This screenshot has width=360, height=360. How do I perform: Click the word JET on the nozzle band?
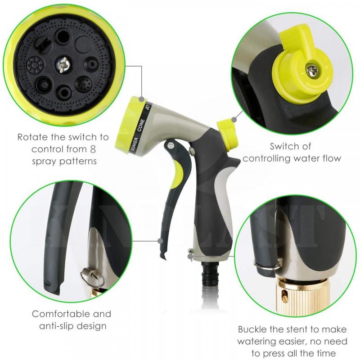click(148, 107)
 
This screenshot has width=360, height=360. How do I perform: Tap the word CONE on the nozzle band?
click(141, 125)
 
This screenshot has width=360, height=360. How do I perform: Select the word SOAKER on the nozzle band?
click(135, 144)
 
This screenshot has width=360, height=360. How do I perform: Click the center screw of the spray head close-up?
click(63, 65)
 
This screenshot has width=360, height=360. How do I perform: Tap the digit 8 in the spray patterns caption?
click(93, 149)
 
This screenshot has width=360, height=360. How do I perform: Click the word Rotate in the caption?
click(32, 137)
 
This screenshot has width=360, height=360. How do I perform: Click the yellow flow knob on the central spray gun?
click(228, 134)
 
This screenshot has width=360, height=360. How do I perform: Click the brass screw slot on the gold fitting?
click(285, 293)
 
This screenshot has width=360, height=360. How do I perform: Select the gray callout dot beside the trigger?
click(160, 241)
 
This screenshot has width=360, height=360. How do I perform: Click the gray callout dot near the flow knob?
click(234, 119)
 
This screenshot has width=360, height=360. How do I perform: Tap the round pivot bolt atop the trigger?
click(171, 145)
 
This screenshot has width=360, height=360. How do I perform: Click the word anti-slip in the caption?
click(57, 326)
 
